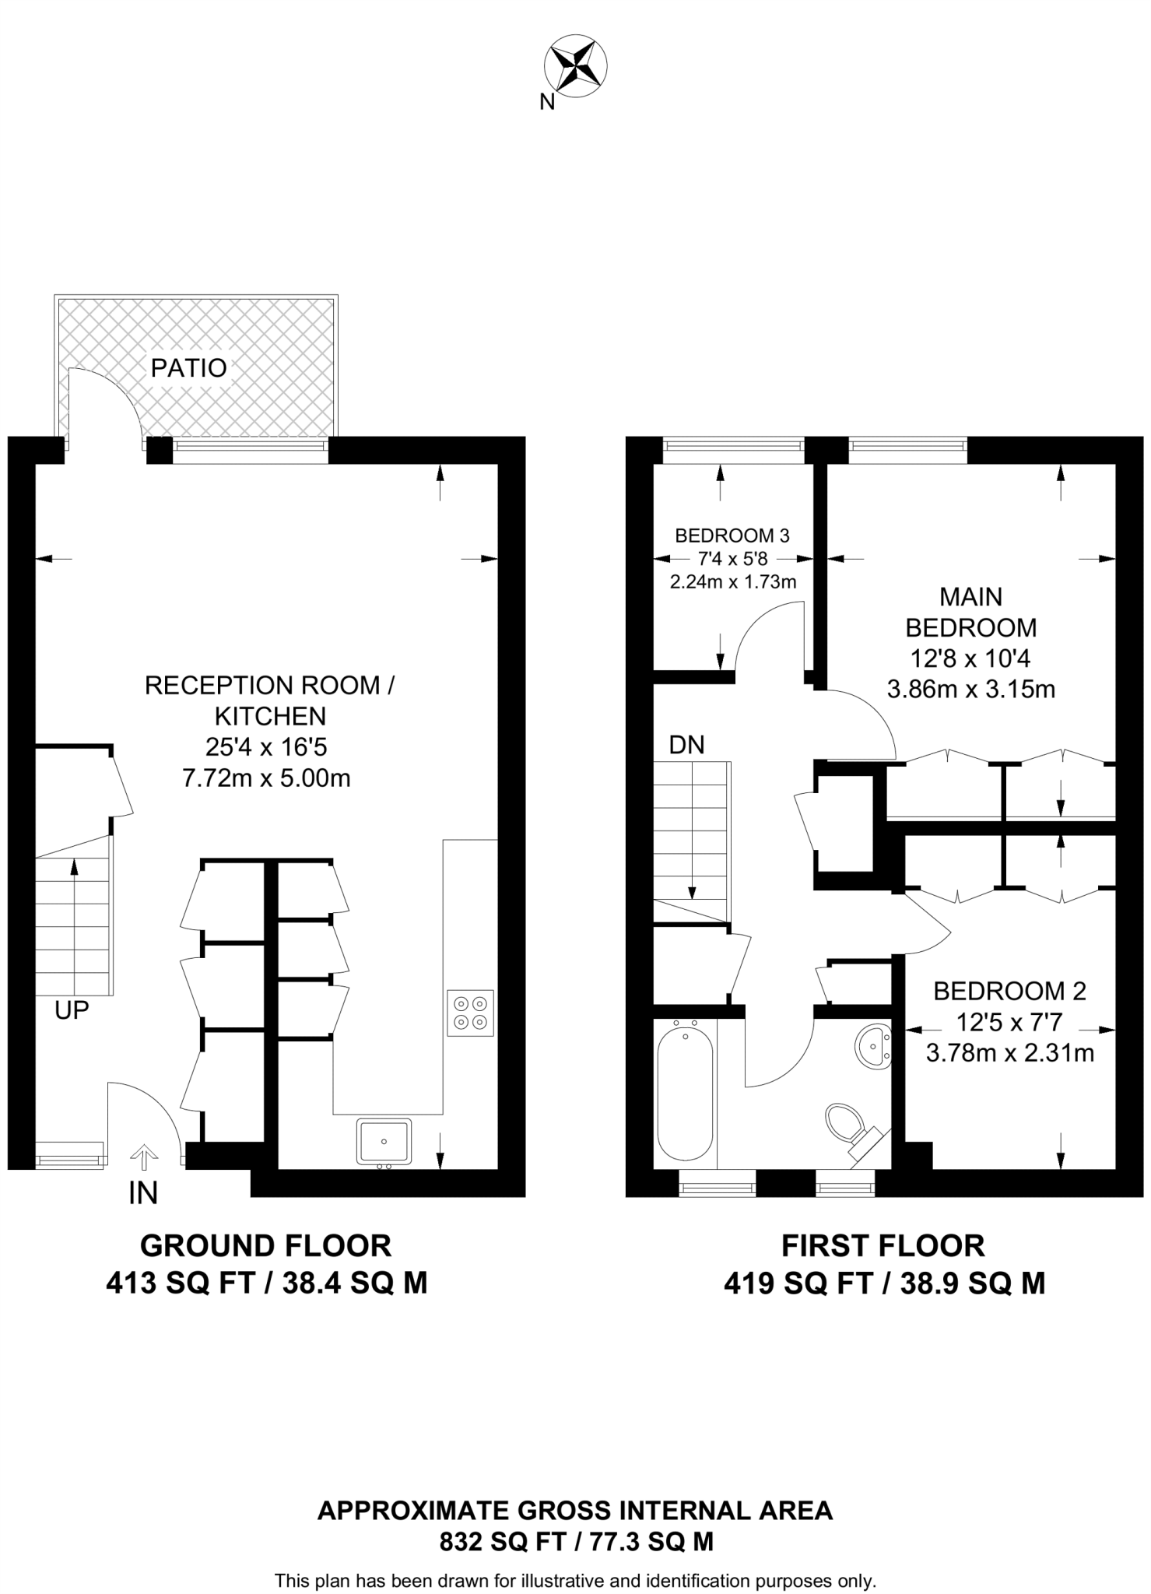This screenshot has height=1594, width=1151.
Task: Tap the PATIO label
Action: point(188,367)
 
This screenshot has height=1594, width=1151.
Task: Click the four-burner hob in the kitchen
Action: point(470,1013)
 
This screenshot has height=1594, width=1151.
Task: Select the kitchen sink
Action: point(384,1141)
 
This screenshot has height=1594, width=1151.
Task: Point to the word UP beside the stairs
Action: point(72,1010)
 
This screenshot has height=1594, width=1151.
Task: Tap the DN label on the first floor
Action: point(686,745)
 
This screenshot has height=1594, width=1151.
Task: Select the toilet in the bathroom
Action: point(844,1125)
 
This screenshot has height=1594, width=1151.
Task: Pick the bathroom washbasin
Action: point(875,1047)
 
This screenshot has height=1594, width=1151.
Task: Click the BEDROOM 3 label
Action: point(732,535)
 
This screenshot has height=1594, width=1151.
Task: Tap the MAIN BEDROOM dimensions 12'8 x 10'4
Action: point(970,658)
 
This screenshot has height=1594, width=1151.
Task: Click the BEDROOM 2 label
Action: point(1009,991)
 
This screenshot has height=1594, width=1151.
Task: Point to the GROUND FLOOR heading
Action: point(265,1246)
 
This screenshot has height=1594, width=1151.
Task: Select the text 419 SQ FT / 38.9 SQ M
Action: point(884,1283)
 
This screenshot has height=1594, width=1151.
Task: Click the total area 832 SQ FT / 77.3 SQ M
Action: point(576,1542)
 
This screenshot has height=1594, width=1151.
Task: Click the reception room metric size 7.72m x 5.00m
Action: point(266,778)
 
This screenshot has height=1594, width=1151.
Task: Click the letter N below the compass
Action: point(547,102)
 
